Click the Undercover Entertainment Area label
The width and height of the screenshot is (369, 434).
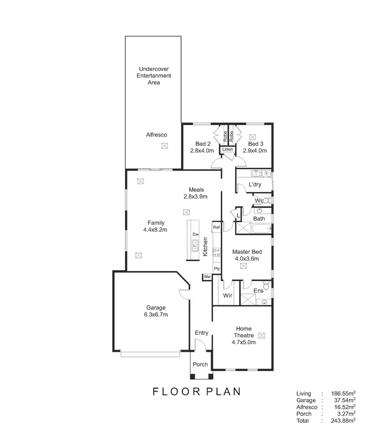(x=155, y=76)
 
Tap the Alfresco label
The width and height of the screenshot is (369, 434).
(x=156, y=134)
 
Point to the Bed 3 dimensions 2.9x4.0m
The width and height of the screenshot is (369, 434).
(x=254, y=151)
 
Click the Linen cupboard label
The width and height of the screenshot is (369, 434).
(x=227, y=149)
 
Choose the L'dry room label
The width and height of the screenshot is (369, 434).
(x=254, y=184)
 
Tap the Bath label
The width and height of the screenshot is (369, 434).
(x=259, y=219)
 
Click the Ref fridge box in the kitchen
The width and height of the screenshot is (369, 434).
(x=216, y=227)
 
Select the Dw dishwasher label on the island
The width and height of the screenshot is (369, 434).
(x=195, y=234)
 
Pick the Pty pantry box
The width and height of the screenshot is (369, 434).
(x=216, y=268)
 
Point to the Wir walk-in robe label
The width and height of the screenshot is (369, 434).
(x=227, y=296)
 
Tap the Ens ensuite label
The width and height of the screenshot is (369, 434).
(x=258, y=290)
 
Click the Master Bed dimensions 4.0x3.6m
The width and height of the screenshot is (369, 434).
(x=246, y=258)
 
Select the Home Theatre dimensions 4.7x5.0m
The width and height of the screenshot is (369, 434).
(x=244, y=343)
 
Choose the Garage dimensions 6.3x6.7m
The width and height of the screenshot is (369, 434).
(x=155, y=315)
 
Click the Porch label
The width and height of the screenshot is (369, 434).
(x=200, y=364)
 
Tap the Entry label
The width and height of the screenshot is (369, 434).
(x=201, y=333)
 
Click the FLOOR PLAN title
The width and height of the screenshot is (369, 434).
(x=196, y=392)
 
